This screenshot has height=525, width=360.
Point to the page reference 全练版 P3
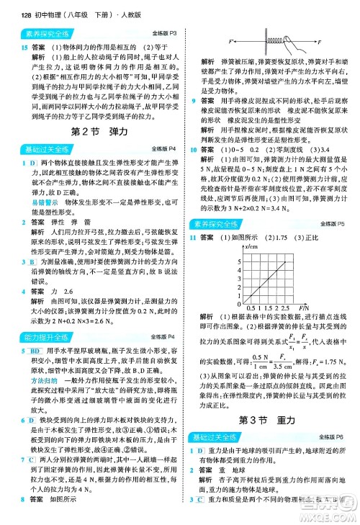click(x=165, y=33)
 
